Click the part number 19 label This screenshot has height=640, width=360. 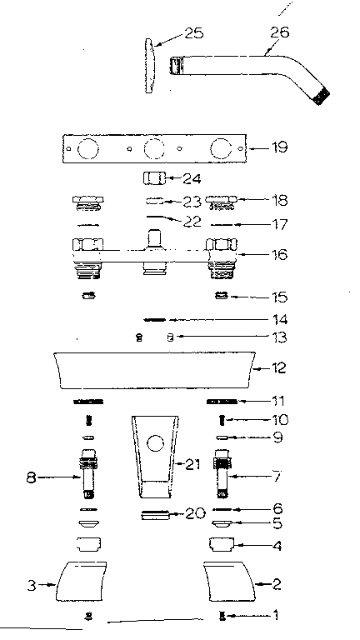(279, 147)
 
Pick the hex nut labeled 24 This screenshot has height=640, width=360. (152, 178)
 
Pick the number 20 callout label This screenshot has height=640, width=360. (194, 514)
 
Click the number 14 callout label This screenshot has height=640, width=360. (279, 319)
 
